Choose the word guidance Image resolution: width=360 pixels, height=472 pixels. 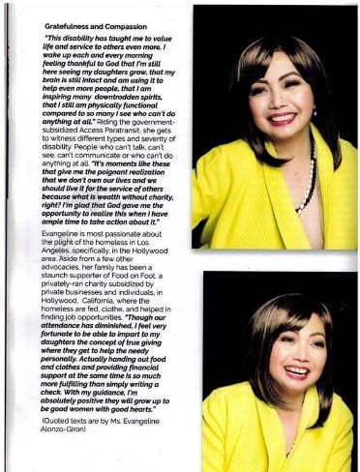click(123, 389)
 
